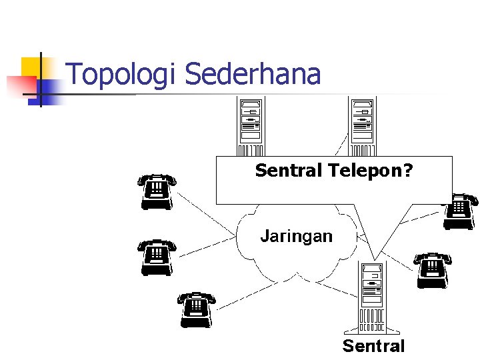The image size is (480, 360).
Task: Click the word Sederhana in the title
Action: click(x=253, y=74)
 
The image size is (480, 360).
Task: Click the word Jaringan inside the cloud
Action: click(x=296, y=235)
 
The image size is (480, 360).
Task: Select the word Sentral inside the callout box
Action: click(x=289, y=171)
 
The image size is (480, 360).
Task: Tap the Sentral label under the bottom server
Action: click(x=373, y=346)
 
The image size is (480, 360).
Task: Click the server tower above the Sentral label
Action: click(x=372, y=297)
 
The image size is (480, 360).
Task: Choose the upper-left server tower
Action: click(x=251, y=127)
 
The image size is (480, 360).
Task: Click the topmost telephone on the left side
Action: click(x=157, y=191)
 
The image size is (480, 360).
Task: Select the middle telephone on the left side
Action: click(x=157, y=257)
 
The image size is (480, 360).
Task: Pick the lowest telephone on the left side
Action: click(x=197, y=309)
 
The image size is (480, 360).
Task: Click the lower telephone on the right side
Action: click(x=433, y=270)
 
